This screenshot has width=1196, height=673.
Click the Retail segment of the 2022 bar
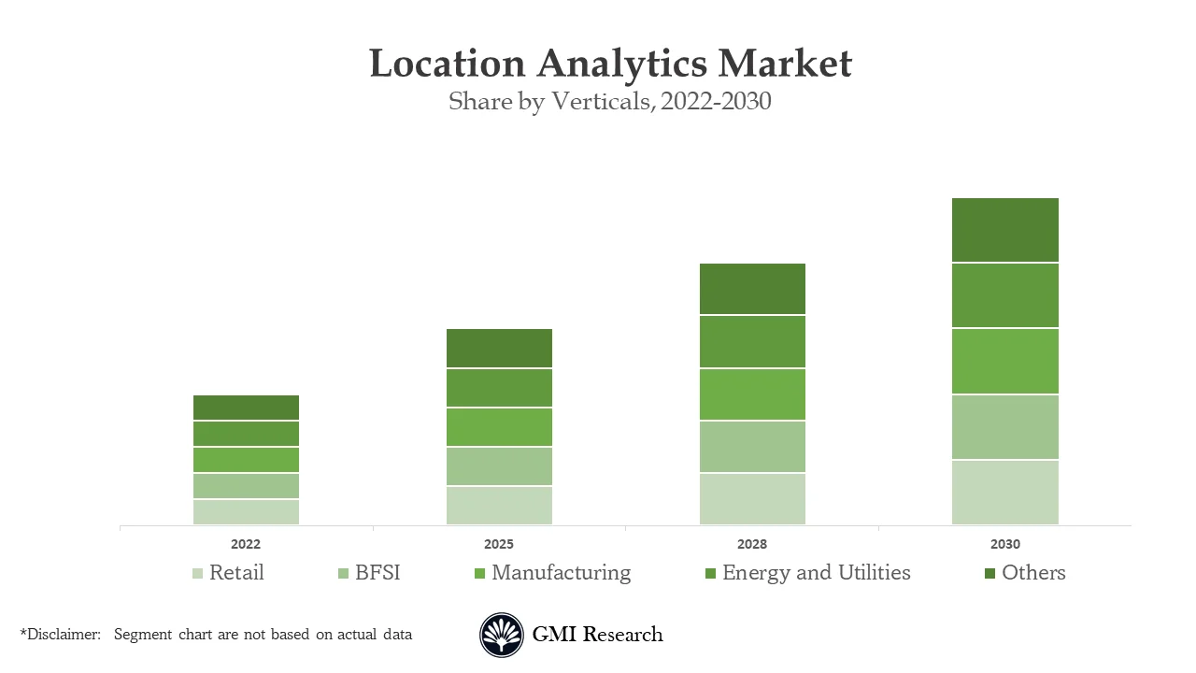[246, 512]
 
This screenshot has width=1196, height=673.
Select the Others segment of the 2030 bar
[1004, 230]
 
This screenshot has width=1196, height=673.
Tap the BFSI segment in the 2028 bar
[752, 447]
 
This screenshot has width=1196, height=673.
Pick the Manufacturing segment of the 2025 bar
[499, 427]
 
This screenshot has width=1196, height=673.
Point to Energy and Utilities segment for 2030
[1004, 295]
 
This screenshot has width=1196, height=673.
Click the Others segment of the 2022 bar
[246, 408]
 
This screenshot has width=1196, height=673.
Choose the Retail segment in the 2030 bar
[1004, 493]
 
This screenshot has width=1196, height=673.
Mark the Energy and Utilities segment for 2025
[499, 388]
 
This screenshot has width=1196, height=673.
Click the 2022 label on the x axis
[246, 544]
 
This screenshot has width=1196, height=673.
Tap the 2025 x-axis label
[499, 544]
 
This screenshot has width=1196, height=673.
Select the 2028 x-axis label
[752, 544]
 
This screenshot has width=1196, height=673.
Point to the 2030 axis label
[1005, 544]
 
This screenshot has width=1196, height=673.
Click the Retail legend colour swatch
[197, 574]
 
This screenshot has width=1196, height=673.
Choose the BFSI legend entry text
[377, 573]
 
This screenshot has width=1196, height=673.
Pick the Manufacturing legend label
[561, 573]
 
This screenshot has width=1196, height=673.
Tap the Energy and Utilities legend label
[816, 573]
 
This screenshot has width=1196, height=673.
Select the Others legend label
[1033, 573]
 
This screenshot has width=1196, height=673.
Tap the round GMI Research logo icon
[502, 636]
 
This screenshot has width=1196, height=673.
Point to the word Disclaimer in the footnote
[63, 635]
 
